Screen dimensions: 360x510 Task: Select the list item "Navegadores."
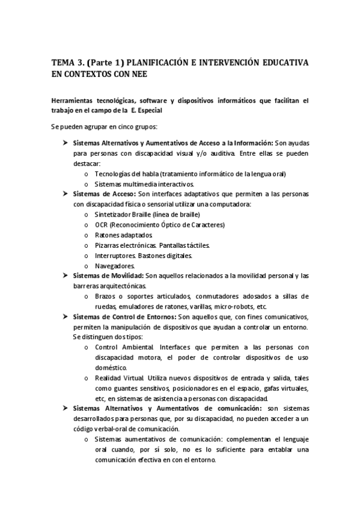(x=115, y=265)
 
